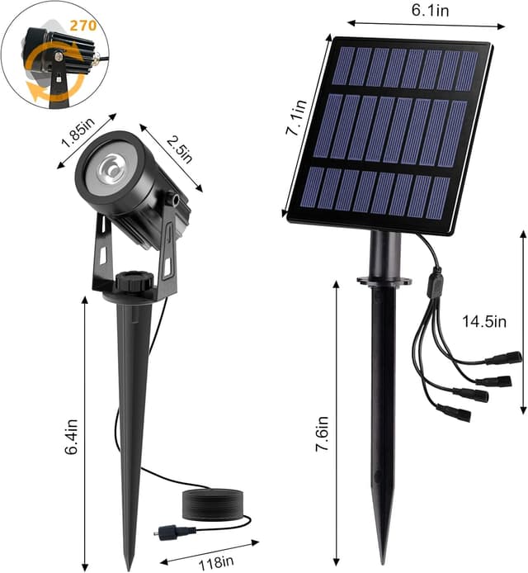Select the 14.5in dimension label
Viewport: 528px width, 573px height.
click(x=483, y=322)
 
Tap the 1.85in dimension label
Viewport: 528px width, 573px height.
click(x=77, y=131)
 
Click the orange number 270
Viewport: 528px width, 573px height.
click(x=83, y=25)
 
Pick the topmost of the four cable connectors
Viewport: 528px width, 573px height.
click(x=504, y=358)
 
